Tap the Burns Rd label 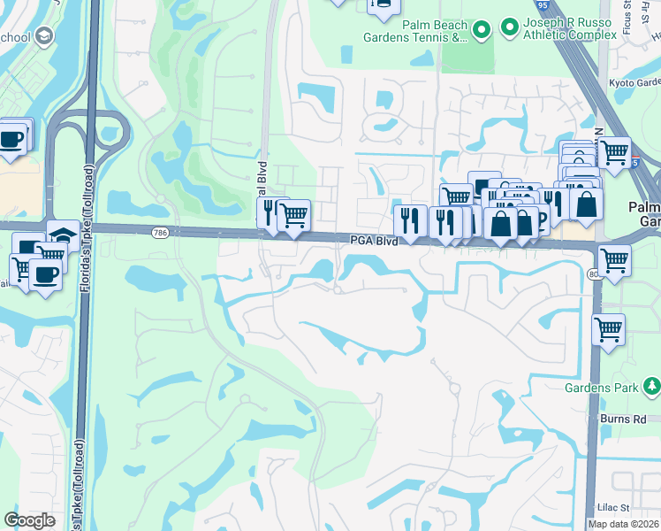click(627, 419)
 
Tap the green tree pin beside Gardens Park click(651, 386)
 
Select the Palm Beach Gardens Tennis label click(415, 31)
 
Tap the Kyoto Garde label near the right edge click(634, 82)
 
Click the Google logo click(29, 520)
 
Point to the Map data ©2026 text click(623, 524)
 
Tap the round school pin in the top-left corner click(43, 37)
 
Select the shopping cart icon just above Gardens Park click(608, 330)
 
